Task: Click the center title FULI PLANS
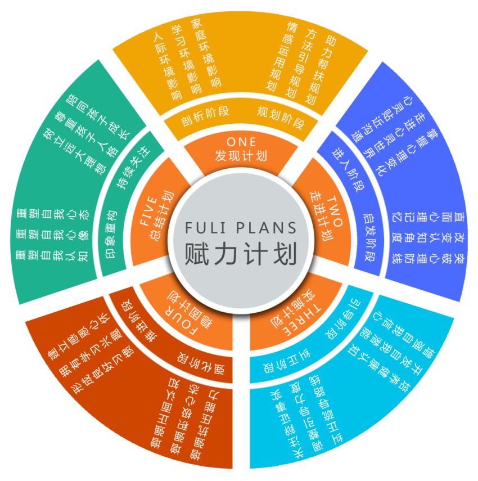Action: click(241, 228)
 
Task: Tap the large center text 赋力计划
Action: click(241, 254)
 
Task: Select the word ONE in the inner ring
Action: click(241, 141)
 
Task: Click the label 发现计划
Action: click(241, 156)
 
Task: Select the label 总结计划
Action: click(161, 217)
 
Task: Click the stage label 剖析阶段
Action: click(205, 115)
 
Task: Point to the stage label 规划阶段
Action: click(280, 116)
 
